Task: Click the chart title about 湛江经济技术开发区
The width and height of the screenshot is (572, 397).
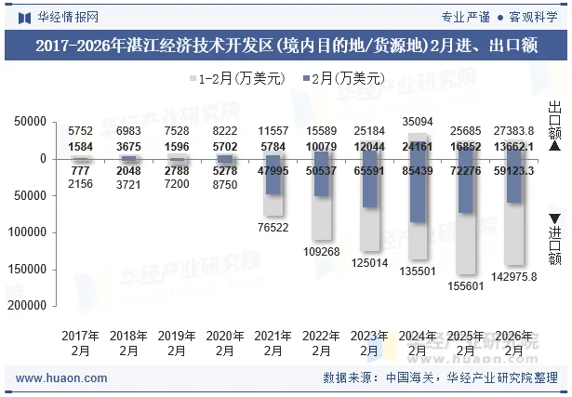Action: click(286, 44)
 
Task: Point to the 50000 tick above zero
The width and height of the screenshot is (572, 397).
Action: click(31, 122)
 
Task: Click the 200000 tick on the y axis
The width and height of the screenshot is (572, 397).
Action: click(27, 305)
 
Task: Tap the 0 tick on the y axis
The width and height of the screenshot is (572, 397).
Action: click(43, 159)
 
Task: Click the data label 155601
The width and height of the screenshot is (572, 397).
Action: click(466, 285)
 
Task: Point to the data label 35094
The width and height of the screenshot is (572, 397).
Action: click(418, 122)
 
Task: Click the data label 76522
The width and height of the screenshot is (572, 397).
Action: click(273, 227)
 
